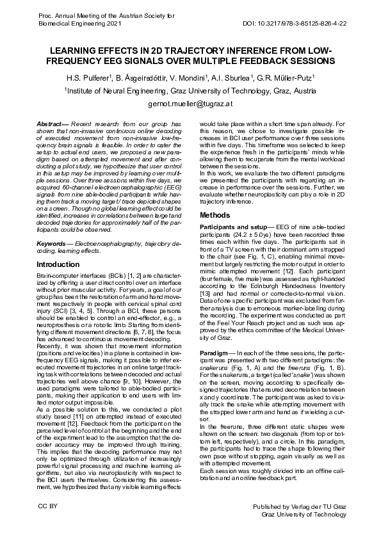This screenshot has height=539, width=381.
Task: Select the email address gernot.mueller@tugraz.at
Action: point(190,103)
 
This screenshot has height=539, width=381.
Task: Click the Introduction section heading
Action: point(58,264)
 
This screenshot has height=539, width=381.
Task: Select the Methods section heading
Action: point(215,215)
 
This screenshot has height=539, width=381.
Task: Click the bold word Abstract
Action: point(50,124)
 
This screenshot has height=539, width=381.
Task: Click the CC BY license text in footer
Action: point(48,506)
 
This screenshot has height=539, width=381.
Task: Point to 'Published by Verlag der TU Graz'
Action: point(300,506)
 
